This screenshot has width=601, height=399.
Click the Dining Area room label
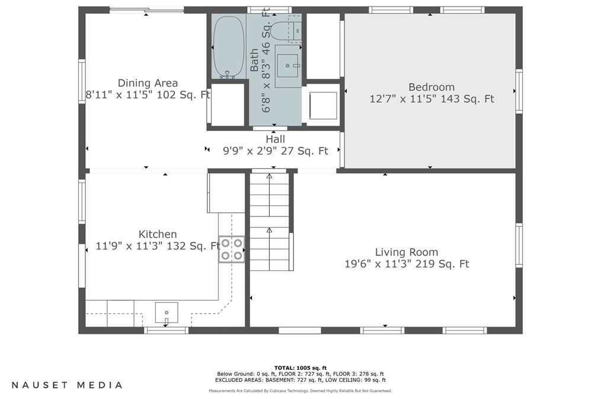(x=148, y=83)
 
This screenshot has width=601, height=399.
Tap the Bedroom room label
(x=431, y=87)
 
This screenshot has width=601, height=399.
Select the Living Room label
(x=407, y=252)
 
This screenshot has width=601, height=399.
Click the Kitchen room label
(x=158, y=234)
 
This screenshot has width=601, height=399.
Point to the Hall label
(x=275, y=139)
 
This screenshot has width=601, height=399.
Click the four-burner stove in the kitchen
(x=232, y=249)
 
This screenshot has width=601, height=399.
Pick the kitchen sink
(x=167, y=311)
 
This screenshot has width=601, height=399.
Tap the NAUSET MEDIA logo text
(x=68, y=385)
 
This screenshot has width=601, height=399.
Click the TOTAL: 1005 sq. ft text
(x=300, y=368)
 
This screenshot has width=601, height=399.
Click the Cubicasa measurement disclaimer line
(x=300, y=391)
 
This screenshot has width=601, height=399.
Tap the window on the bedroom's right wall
(x=519, y=91)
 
